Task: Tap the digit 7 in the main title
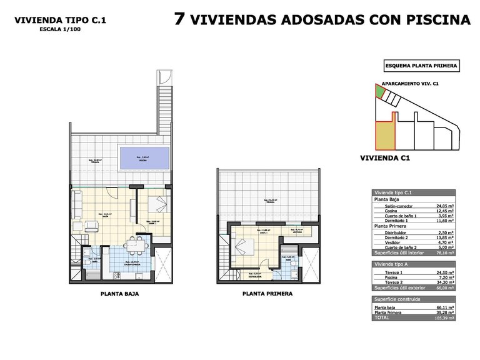click(179, 19)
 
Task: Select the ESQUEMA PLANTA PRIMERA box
click(421, 66)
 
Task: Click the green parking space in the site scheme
click(380, 93)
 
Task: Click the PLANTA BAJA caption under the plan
click(119, 293)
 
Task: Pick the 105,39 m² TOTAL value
click(444, 317)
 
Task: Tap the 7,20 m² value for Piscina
click(445, 278)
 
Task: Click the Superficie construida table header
click(397, 300)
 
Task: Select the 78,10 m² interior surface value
click(444, 253)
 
